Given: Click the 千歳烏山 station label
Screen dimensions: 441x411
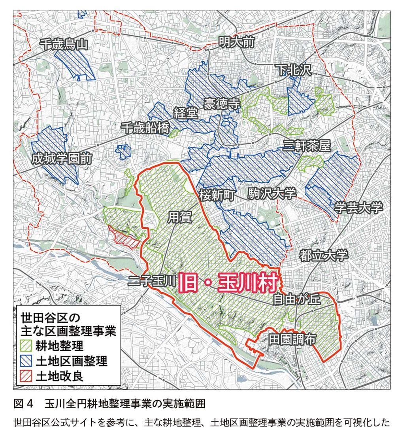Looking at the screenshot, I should point(65,45).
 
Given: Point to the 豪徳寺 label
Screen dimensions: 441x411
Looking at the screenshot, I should point(222,104).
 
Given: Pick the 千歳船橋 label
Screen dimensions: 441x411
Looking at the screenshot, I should point(145,127).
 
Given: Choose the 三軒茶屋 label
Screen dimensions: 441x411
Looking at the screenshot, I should point(307,146).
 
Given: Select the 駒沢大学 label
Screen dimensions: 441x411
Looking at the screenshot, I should point(272,194).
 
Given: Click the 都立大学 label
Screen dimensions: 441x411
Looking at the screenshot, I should point(323,256).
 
